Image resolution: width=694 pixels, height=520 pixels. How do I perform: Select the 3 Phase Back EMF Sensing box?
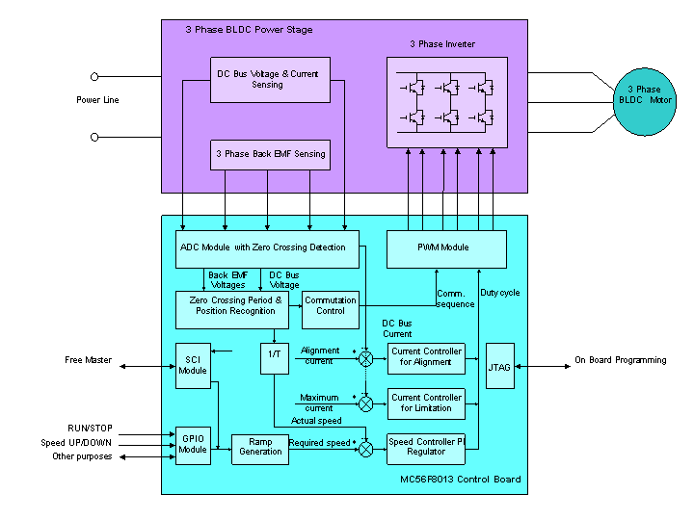[270, 154]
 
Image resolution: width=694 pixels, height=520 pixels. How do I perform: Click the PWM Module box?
[446, 248]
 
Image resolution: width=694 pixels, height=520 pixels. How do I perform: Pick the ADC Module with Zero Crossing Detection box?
[267, 248]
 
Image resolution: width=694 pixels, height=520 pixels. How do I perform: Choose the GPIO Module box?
[193, 444]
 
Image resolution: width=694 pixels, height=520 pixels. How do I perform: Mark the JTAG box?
[499, 365]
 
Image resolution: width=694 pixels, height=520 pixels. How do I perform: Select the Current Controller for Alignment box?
[426, 356]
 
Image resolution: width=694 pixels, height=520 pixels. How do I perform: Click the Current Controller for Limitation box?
[426, 403]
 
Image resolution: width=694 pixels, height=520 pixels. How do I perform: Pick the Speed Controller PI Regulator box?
[426, 447]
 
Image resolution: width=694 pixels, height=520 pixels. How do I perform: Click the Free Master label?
[89, 361]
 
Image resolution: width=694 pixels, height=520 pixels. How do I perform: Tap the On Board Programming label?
[620, 361]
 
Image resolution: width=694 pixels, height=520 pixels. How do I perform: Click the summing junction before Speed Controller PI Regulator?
[365, 449]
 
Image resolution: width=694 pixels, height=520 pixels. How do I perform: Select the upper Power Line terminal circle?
[94, 76]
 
